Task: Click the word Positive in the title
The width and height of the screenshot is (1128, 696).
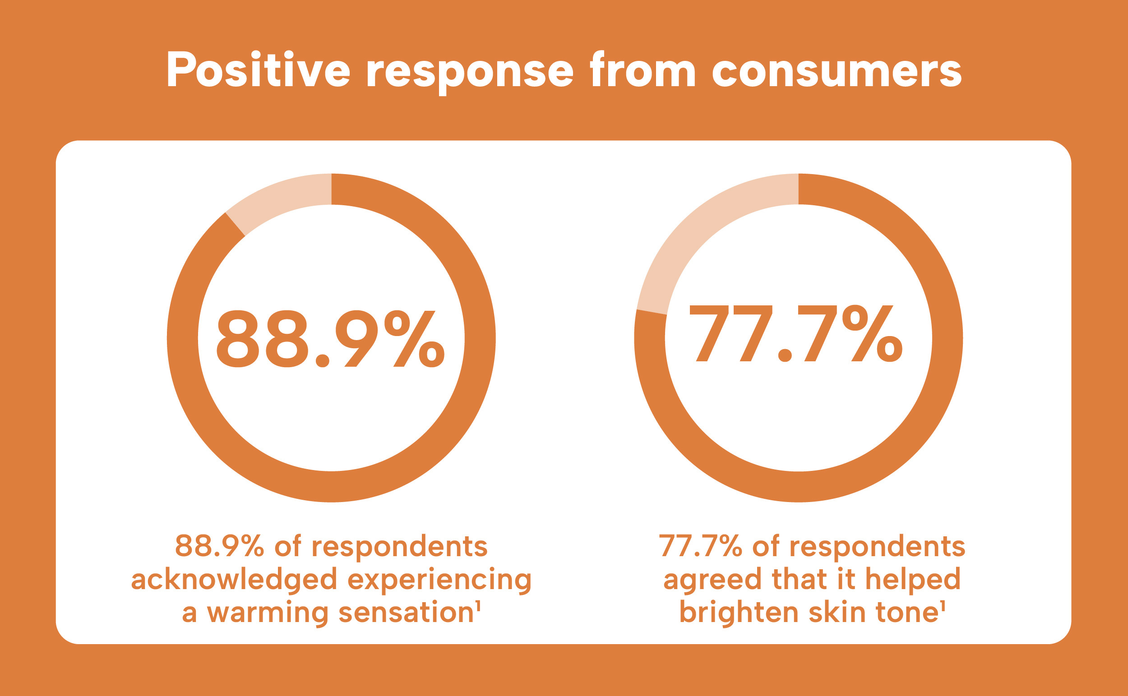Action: pyautogui.click(x=258, y=70)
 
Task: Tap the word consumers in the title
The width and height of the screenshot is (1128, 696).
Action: pyautogui.click(x=837, y=71)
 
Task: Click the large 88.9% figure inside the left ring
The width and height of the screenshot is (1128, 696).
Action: pyautogui.click(x=330, y=339)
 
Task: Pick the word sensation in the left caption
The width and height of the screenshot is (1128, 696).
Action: pyautogui.click(x=406, y=613)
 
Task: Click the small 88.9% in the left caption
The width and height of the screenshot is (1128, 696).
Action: pyautogui.click(x=220, y=546)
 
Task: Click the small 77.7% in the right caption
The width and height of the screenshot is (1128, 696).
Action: pyautogui.click(x=700, y=546)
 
